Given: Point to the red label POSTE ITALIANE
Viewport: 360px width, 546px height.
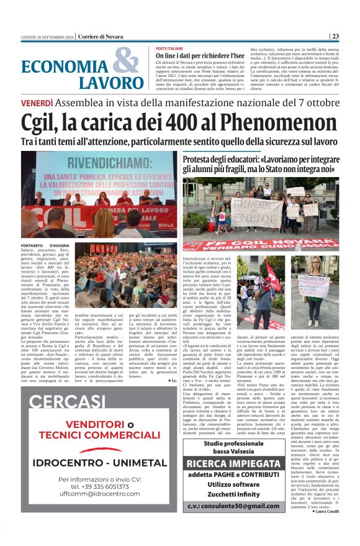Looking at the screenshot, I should tap(169, 48).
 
